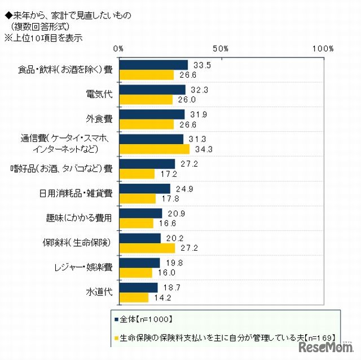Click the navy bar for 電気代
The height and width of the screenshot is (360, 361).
click(x=152, y=90)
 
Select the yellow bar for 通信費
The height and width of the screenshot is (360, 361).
click(x=154, y=149)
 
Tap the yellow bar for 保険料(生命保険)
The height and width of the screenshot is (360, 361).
click(x=147, y=248)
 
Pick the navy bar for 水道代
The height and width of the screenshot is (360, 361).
click(x=138, y=288)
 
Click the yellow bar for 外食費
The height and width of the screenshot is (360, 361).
click(x=146, y=125)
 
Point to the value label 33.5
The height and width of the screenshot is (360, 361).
click(x=198, y=65)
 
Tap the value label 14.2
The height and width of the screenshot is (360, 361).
click(x=158, y=298)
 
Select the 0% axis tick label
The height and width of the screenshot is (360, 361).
click(x=118, y=49)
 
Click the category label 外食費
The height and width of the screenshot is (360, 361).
click(x=99, y=118)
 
